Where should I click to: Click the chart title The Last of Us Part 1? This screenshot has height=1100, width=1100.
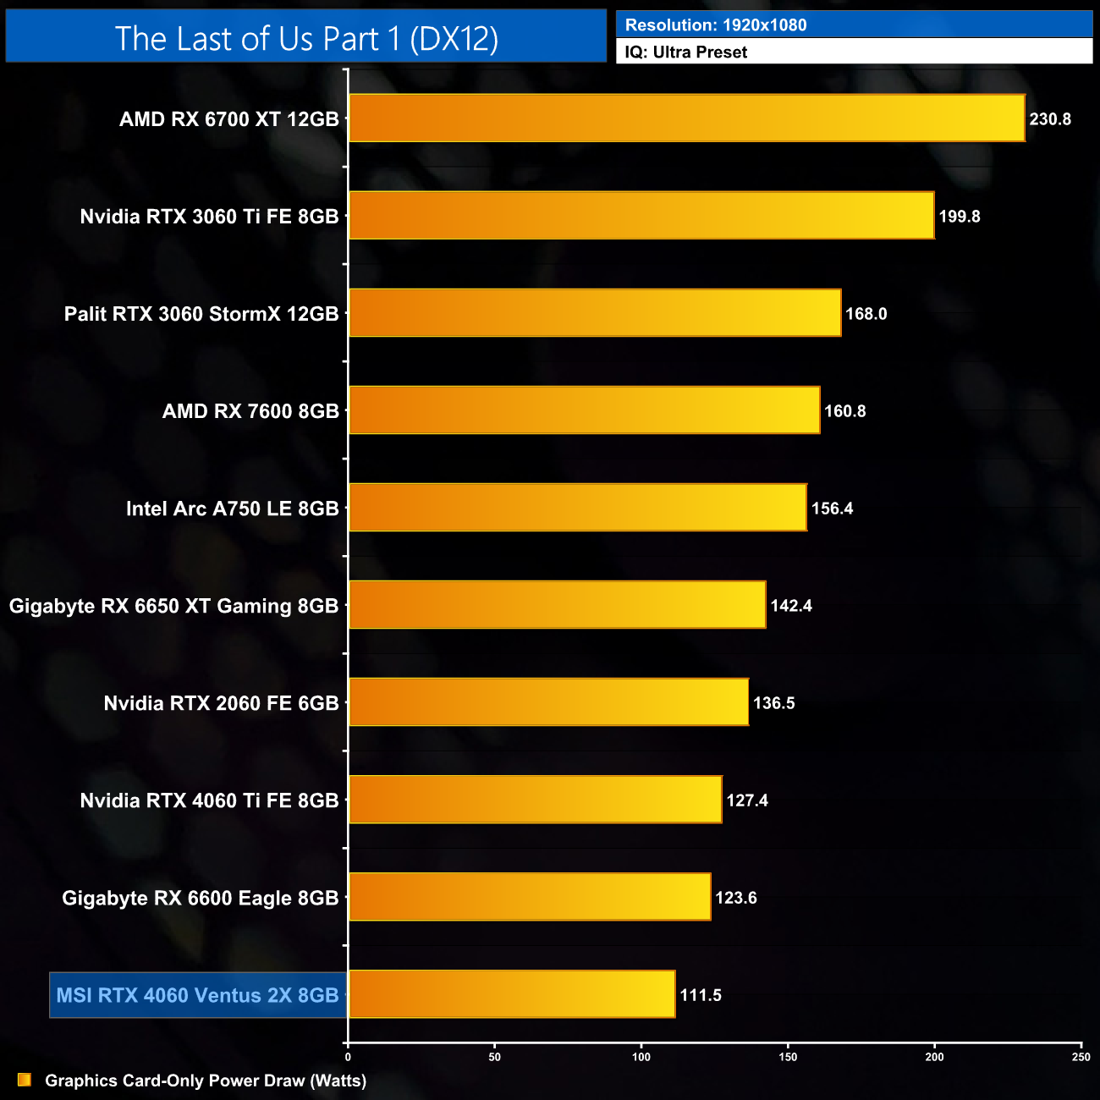point(306,38)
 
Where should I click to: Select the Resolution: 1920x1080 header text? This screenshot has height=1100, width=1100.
point(716,25)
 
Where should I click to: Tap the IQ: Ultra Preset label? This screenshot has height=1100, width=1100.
point(686,52)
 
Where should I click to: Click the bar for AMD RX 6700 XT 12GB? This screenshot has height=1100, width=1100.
point(686,118)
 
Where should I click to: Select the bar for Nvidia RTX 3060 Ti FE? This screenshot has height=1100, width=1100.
point(641,216)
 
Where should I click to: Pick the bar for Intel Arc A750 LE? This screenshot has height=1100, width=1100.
point(578,508)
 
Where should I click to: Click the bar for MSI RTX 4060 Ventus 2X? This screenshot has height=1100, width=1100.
point(512,994)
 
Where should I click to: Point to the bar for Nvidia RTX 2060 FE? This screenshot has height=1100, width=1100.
point(548,702)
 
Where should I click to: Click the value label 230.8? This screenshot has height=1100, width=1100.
point(1050,119)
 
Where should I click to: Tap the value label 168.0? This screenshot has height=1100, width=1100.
point(866,314)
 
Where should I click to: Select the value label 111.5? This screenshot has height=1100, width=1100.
point(701,995)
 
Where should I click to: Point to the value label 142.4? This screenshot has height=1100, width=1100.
point(791,606)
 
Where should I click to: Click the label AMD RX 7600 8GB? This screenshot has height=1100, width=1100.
point(250,411)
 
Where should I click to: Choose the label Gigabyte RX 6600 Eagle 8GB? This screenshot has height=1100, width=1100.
point(201,898)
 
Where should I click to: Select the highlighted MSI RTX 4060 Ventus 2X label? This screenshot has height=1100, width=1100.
point(197,995)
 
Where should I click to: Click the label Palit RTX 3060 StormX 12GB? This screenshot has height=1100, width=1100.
point(201,314)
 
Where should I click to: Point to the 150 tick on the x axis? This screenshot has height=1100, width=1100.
point(788,1056)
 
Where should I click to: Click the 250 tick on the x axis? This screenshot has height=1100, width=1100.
point(1081,1056)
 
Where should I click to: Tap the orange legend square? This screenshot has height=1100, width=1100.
point(25,1080)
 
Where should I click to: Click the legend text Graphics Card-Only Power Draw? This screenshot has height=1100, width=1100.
point(206,1081)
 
